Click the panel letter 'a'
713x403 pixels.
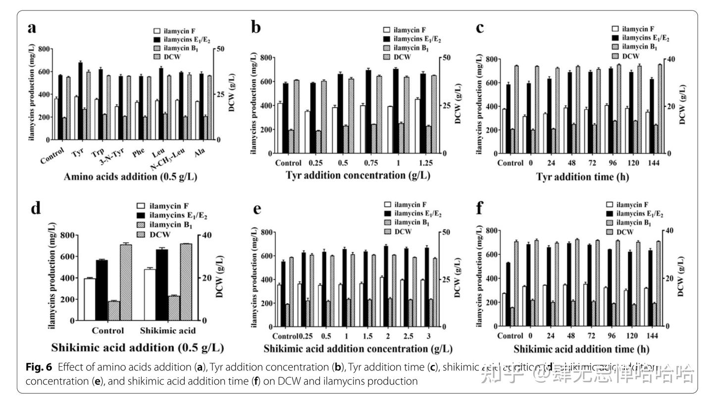[32, 28]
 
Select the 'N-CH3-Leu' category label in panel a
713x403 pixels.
[168, 159]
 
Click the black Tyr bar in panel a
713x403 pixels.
[80, 101]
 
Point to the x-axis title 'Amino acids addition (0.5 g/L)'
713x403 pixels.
[130, 177]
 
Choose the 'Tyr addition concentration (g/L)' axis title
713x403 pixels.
[357, 176]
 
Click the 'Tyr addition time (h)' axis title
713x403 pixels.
[582, 177]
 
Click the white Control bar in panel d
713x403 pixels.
[90, 299]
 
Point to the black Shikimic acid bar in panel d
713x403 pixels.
[162, 285]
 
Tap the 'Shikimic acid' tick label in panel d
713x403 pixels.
[168, 330]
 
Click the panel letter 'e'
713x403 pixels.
[257, 209]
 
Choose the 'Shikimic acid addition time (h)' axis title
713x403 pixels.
[581, 349]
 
